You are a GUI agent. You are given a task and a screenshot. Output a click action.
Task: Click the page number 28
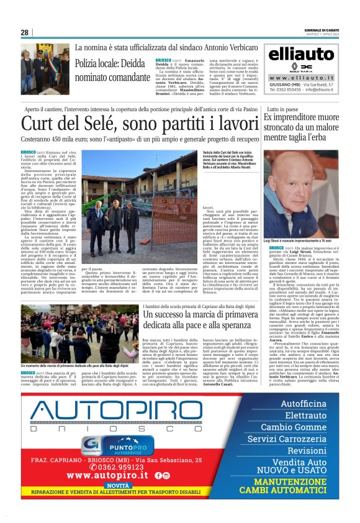pyautogui.click(x=25, y=33)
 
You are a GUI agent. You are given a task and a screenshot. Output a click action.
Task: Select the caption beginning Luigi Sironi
pyautogui.click(x=294, y=239)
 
